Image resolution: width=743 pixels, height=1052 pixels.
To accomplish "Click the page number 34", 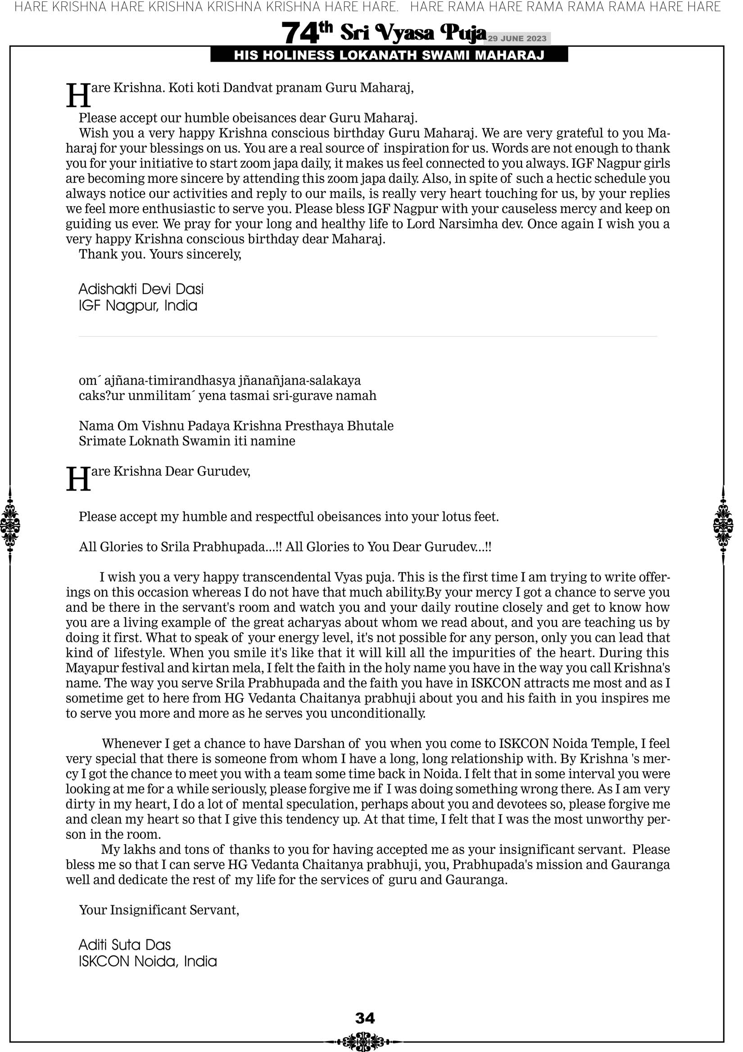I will tap(365, 1018).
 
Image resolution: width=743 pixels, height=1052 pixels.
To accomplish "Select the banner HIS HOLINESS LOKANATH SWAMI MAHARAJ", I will tap(389, 55).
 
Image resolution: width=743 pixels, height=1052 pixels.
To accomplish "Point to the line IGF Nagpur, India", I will tap(138, 305).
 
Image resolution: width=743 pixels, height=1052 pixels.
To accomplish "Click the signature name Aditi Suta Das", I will tap(125, 945).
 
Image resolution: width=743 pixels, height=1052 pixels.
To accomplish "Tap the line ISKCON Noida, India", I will tap(148, 961).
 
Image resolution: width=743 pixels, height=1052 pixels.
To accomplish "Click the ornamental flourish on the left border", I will tap(10, 525).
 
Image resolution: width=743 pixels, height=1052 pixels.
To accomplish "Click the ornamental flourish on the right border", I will tap(723, 525).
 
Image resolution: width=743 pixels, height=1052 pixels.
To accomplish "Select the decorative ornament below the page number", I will tap(365, 1041).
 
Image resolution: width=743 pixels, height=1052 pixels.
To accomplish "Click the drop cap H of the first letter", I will tap(78, 96).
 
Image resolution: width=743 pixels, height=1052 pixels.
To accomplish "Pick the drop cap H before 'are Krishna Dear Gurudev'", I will tap(78, 479).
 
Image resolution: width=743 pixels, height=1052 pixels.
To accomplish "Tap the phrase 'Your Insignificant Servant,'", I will tap(159, 910).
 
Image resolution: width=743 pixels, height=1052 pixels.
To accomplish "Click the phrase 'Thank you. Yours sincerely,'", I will tap(160, 254).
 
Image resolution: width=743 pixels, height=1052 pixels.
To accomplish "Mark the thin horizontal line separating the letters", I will tap(368, 337).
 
